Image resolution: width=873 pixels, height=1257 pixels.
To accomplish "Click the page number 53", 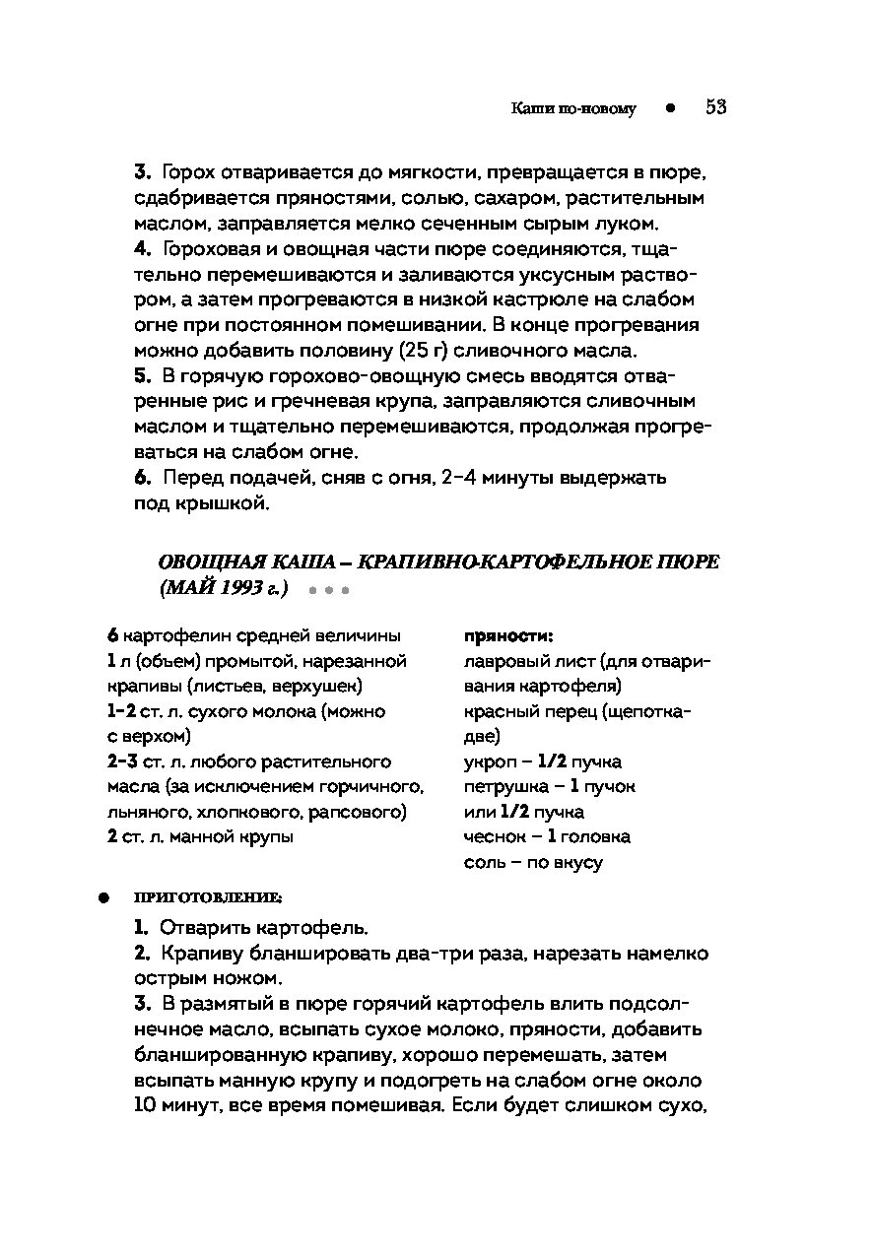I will click(715, 107).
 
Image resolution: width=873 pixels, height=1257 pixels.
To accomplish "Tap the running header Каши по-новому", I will click(573, 109).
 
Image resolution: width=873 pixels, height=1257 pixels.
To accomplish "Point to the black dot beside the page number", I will click(670, 108).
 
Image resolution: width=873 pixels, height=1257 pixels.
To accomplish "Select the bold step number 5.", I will click(142, 375).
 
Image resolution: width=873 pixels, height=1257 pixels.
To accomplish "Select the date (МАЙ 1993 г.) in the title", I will click(223, 588).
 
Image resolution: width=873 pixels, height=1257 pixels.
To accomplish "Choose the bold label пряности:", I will click(507, 635).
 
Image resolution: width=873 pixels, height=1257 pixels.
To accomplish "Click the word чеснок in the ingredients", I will click(493, 836).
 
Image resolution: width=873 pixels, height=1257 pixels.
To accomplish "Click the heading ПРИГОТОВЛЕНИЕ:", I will click(207, 897).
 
